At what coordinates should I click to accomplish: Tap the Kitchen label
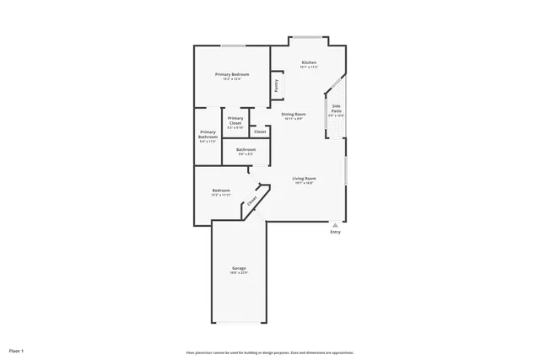[x=309, y=63]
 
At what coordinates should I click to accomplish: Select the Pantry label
[x=276, y=86]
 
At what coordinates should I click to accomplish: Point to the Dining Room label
[x=294, y=114]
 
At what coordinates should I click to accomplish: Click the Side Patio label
[x=336, y=109]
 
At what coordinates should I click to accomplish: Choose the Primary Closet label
[x=235, y=121]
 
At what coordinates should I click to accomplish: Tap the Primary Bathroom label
[x=208, y=134]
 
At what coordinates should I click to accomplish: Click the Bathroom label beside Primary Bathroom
[x=246, y=149]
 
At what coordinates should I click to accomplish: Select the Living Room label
[x=304, y=178]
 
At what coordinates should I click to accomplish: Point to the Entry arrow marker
[x=335, y=225]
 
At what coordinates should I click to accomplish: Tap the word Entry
[x=335, y=233]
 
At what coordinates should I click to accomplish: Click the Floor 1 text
[x=17, y=350]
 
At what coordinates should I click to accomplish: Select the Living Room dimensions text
[x=304, y=183]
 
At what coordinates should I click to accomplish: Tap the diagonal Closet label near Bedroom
[x=251, y=201]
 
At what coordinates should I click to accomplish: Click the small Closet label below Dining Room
[x=260, y=132]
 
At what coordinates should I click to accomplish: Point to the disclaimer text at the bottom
[x=270, y=352]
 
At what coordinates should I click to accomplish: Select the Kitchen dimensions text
[x=309, y=68]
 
